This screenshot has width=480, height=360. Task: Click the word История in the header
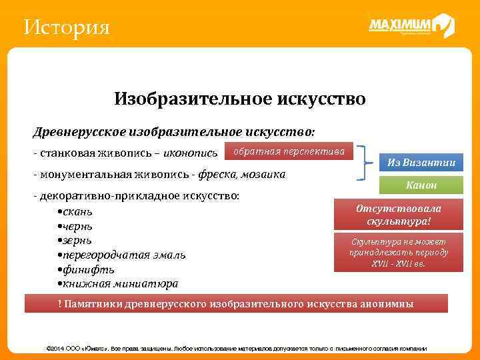65,28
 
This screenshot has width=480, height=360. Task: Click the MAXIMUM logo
411,26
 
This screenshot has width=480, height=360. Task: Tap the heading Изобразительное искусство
239,99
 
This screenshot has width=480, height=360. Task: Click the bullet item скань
76,212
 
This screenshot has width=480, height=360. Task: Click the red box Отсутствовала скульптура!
399,214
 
